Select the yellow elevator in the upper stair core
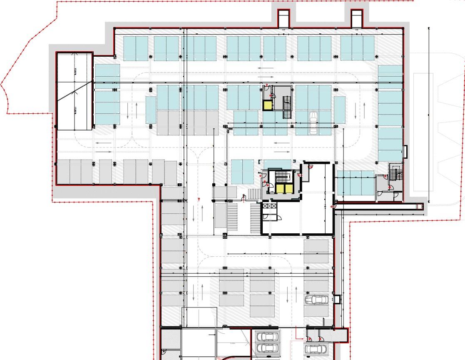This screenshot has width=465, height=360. [x=267, y=105]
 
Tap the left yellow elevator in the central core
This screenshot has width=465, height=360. [x=278, y=189]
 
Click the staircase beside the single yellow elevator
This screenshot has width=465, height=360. [x=287, y=107]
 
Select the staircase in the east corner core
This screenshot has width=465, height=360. [x=396, y=172]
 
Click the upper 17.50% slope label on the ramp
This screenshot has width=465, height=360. [x=75, y=71]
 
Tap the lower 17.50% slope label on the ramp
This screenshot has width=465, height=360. [x=75, y=110]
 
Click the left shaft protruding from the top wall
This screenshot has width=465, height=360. [x=284, y=18]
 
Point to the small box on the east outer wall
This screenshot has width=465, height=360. [x=405, y=151]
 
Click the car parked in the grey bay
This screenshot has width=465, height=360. [x=316, y=300]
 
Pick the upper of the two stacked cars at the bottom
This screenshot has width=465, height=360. [x=266, y=337]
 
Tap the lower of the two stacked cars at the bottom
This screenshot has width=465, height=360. [x=266, y=348]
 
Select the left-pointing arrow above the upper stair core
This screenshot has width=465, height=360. [x=265, y=68]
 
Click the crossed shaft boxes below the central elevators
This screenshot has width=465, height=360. [x=269, y=205]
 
